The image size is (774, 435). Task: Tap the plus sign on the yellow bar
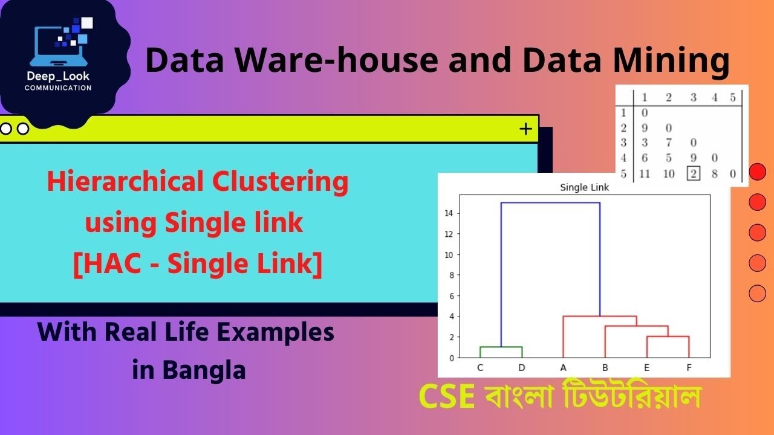coord(525,129)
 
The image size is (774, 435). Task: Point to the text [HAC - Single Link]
coord(197,266)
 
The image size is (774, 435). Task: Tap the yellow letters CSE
coord(447,397)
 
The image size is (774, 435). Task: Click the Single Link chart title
coord(584,188)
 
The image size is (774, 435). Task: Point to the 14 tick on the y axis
coord(450,213)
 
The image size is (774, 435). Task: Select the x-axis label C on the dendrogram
coord(480,367)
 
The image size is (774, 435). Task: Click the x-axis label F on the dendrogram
coord(689,367)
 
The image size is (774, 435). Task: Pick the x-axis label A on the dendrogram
coord(564,367)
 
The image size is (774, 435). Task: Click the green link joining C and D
coord(501,347)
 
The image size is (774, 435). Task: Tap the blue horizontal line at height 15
coord(550,203)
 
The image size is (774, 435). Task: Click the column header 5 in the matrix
coord(732,98)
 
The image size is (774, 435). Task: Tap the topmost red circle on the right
coord(757,172)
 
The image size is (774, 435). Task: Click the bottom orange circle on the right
coord(757,294)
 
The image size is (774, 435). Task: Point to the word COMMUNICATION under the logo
coord(58,88)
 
